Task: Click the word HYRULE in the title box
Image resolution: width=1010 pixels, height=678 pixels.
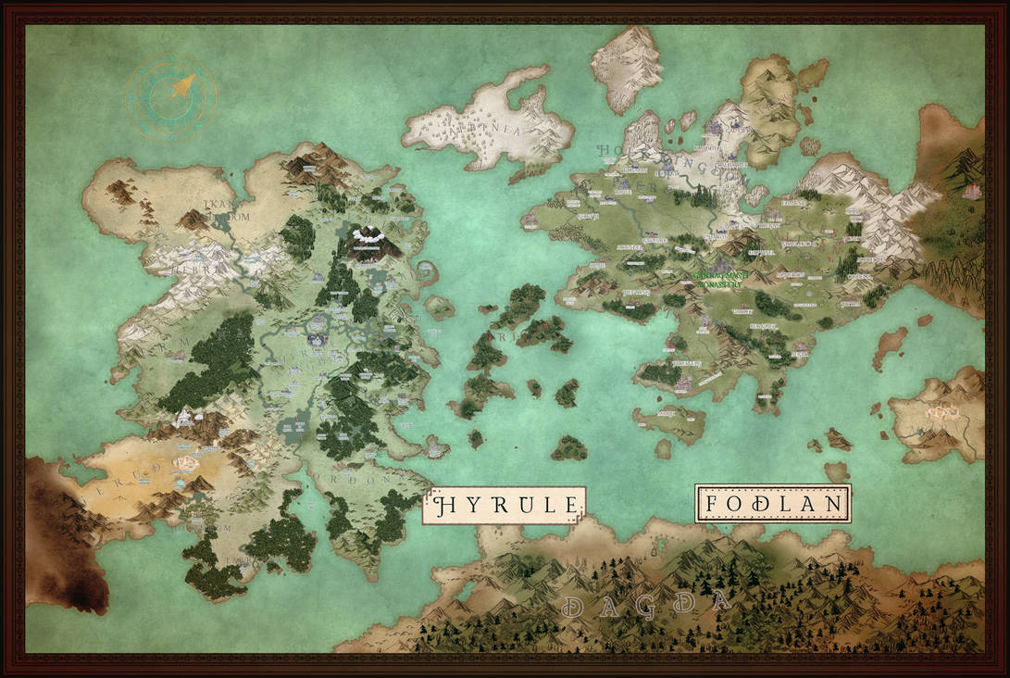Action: pos(505,506)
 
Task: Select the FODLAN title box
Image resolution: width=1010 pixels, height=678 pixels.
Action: pos(773,504)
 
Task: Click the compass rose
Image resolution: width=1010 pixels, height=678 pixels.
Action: pos(171,96)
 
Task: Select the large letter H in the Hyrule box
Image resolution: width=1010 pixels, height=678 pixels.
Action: pos(443,506)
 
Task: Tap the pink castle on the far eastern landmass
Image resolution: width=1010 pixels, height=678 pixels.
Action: pos(972,192)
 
